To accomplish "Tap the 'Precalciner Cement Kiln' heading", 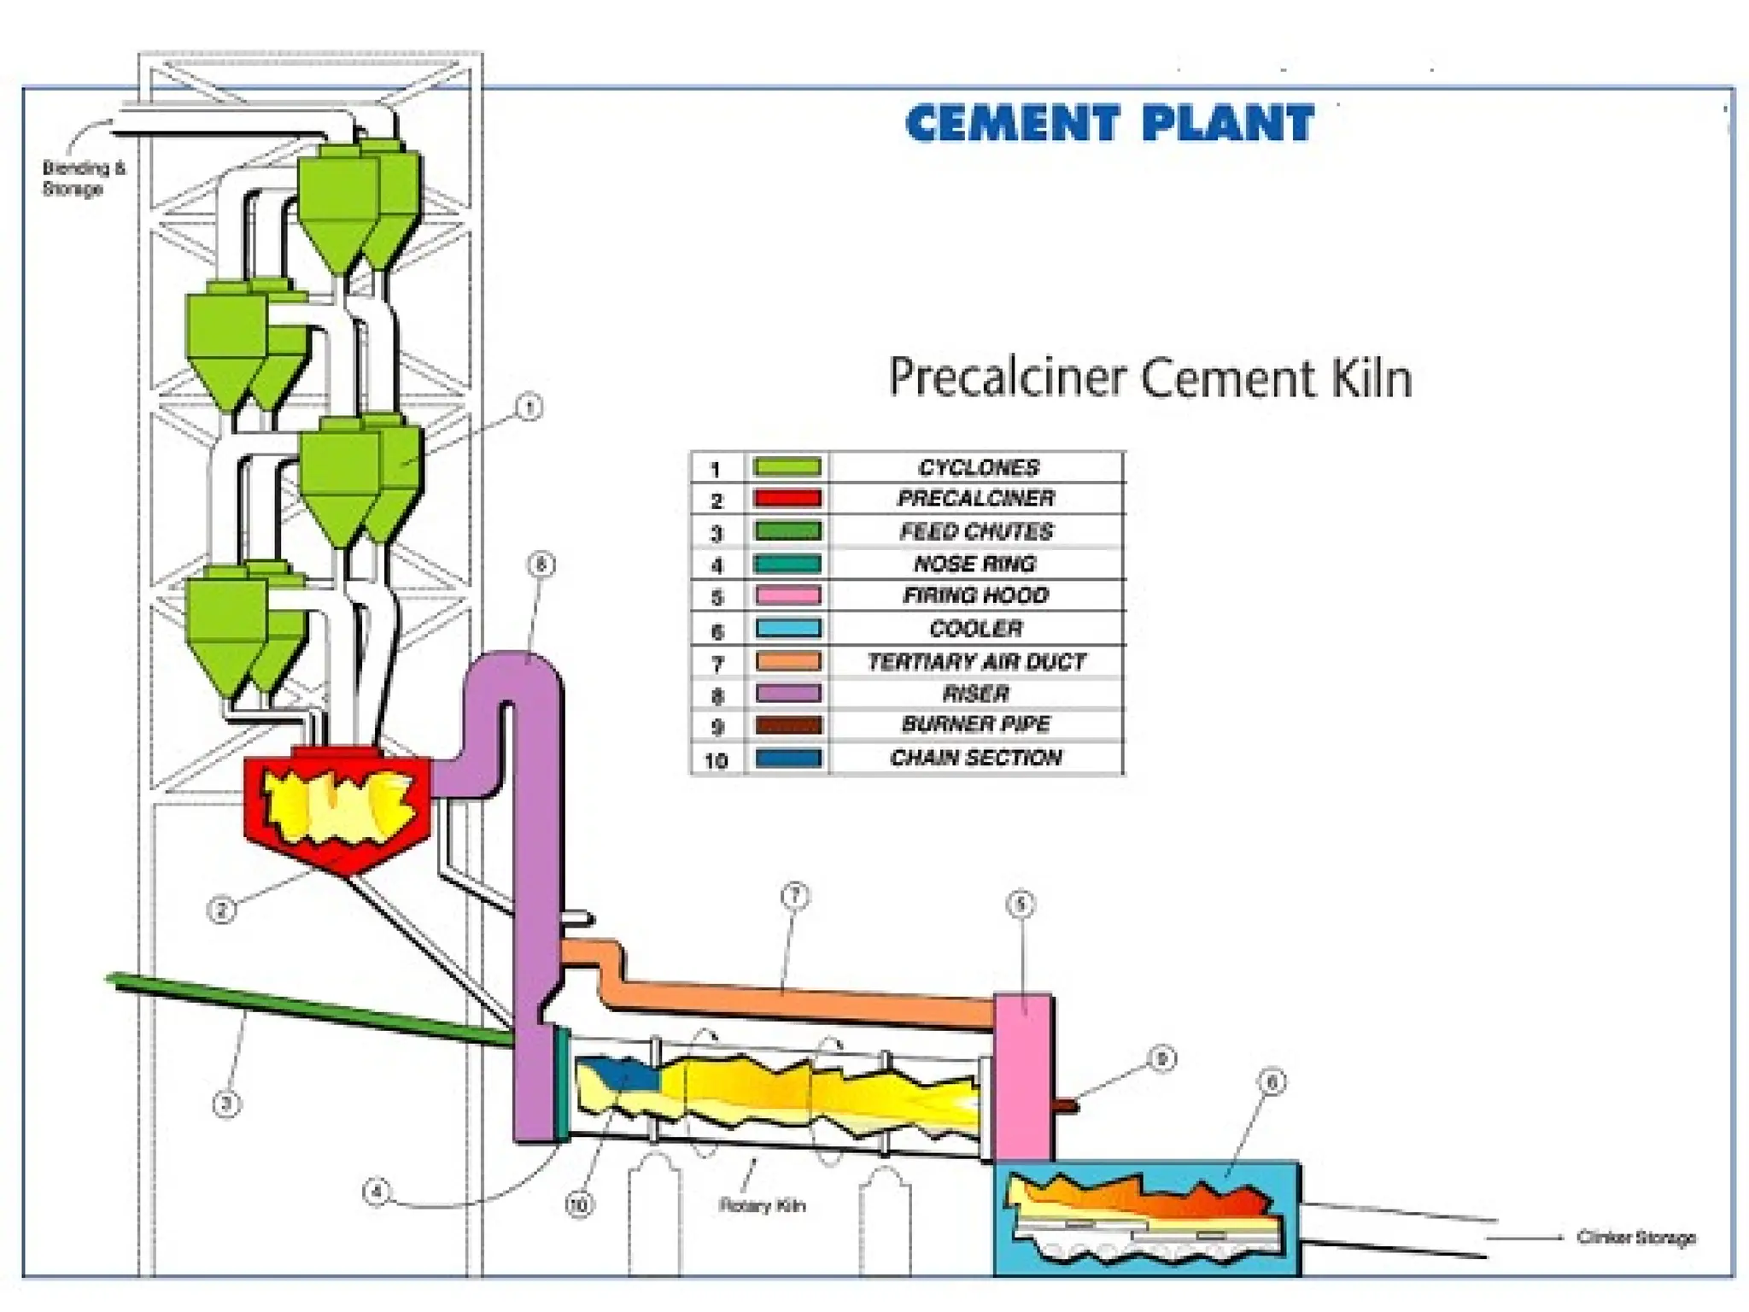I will pos(1149,378).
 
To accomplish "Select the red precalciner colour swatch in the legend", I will pos(787,498).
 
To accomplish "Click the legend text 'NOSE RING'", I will pos(975,564).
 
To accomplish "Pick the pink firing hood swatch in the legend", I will pos(787,595).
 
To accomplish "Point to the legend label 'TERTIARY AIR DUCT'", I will pos(977,662).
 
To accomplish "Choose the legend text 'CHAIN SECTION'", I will pos(976,758).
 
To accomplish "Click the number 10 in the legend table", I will pos(716,760).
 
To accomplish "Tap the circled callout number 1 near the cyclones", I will pos(529,407).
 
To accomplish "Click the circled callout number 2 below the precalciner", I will pos(221,910).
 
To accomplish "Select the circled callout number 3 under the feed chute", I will pos(226,1104).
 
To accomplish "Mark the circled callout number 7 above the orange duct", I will pos(795,896).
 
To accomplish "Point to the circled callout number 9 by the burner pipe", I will pos(1161,1059).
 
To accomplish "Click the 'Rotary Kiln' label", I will pos(762,1205).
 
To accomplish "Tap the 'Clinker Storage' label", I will pos(1635,1237).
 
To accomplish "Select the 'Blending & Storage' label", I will pos(83,178).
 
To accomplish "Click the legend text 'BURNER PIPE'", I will pos(976,724).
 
